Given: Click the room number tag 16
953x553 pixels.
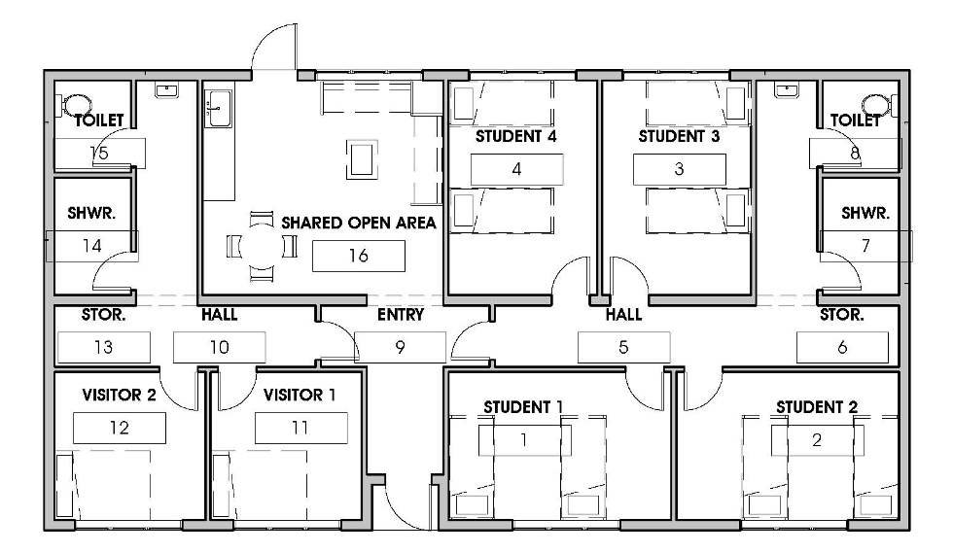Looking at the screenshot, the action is [x=359, y=256].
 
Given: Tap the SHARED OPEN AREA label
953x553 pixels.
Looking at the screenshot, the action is [x=359, y=223].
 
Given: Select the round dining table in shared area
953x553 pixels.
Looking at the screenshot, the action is [x=262, y=246].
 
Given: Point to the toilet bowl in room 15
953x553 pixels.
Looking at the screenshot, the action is [x=76, y=105].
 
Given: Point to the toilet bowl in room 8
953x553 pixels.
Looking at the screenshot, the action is [x=876, y=105].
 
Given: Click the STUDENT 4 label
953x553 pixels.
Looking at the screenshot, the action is [x=515, y=137].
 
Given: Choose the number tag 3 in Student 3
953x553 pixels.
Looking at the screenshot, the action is [x=680, y=169].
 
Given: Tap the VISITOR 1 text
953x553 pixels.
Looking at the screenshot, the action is [x=300, y=395].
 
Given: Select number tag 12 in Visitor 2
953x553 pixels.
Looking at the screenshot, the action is [x=119, y=428].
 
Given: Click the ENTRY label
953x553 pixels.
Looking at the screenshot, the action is [x=401, y=314].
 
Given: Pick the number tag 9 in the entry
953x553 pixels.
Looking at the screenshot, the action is [x=400, y=347].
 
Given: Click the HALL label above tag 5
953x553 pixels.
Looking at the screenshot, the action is [x=623, y=314].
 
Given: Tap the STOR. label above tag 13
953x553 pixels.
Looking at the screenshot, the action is [x=103, y=315].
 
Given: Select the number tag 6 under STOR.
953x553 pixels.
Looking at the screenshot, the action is [x=842, y=347].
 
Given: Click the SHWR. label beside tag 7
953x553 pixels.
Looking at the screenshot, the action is [x=865, y=213].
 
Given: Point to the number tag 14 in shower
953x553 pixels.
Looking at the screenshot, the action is [x=91, y=246].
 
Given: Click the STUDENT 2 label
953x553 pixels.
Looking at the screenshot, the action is [x=816, y=407].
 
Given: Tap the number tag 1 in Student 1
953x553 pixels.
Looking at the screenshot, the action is [x=524, y=440].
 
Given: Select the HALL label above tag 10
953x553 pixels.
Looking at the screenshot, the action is [x=220, y=315].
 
